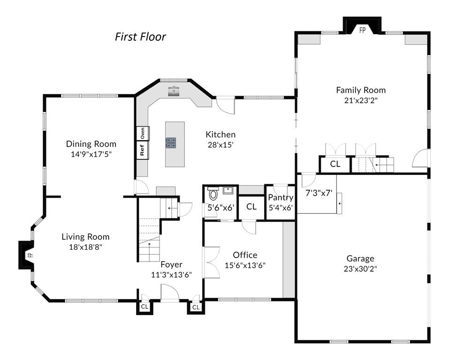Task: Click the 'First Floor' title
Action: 140,37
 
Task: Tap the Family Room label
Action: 361,90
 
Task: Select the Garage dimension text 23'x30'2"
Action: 360,269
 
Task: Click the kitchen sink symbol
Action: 173,90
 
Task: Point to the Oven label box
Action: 142,133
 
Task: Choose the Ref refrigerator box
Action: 142,150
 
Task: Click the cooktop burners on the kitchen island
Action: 170,143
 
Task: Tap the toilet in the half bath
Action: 213,194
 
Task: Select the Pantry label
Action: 281,197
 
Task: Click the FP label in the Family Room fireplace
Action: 363,30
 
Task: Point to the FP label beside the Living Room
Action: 30,255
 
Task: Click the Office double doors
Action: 211,262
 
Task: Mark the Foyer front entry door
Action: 170,292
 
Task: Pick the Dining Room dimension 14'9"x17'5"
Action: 91,154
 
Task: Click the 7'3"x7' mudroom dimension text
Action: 319,193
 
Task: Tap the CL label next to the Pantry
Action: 251,207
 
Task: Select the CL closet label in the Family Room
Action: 335,164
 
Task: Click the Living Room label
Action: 85,237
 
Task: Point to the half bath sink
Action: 228,190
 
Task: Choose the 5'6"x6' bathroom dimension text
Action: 221,208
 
